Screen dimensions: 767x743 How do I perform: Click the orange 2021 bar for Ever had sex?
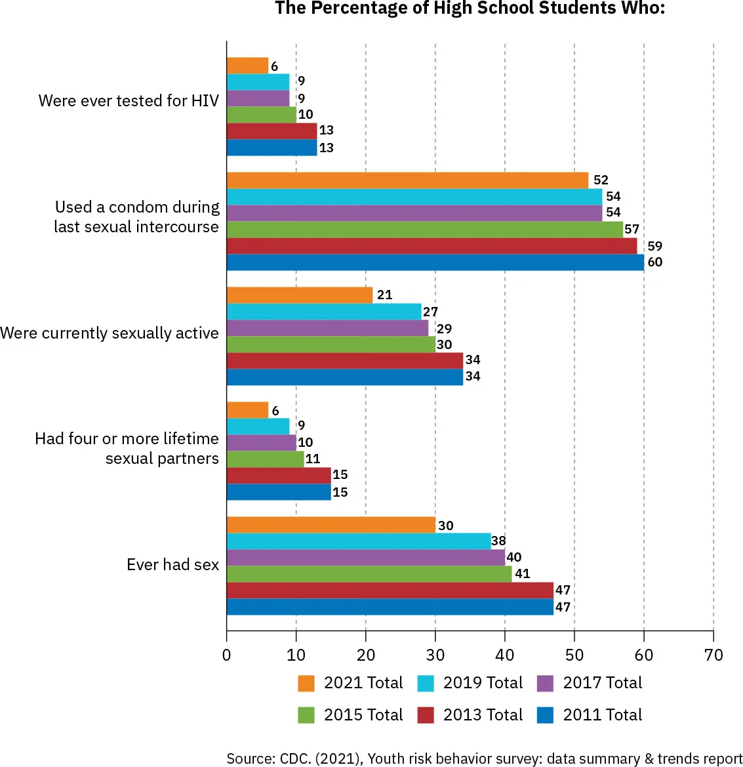point(331,525)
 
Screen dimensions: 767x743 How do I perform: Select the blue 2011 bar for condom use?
point(435,262)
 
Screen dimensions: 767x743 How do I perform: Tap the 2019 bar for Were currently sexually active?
point(324,312)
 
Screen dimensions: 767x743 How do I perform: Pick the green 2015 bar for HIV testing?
point(261,115)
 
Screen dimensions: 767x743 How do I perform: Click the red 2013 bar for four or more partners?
point(279,476)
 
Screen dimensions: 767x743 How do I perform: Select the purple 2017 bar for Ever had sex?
point(365,558)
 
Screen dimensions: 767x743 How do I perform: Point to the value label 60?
point(654,262)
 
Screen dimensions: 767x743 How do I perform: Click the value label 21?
point(384,295)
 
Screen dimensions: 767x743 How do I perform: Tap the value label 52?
point(600,180)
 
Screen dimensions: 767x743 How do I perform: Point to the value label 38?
point(498,541)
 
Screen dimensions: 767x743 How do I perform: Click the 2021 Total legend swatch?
point(306,683)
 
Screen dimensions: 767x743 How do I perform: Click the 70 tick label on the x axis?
point(713,655)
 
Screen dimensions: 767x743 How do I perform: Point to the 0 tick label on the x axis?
point(227,655)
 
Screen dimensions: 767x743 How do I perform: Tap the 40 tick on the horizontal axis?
point(505,655)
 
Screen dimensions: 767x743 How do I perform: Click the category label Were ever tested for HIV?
point(129,100)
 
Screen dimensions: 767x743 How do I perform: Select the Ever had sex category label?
point(172,565)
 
